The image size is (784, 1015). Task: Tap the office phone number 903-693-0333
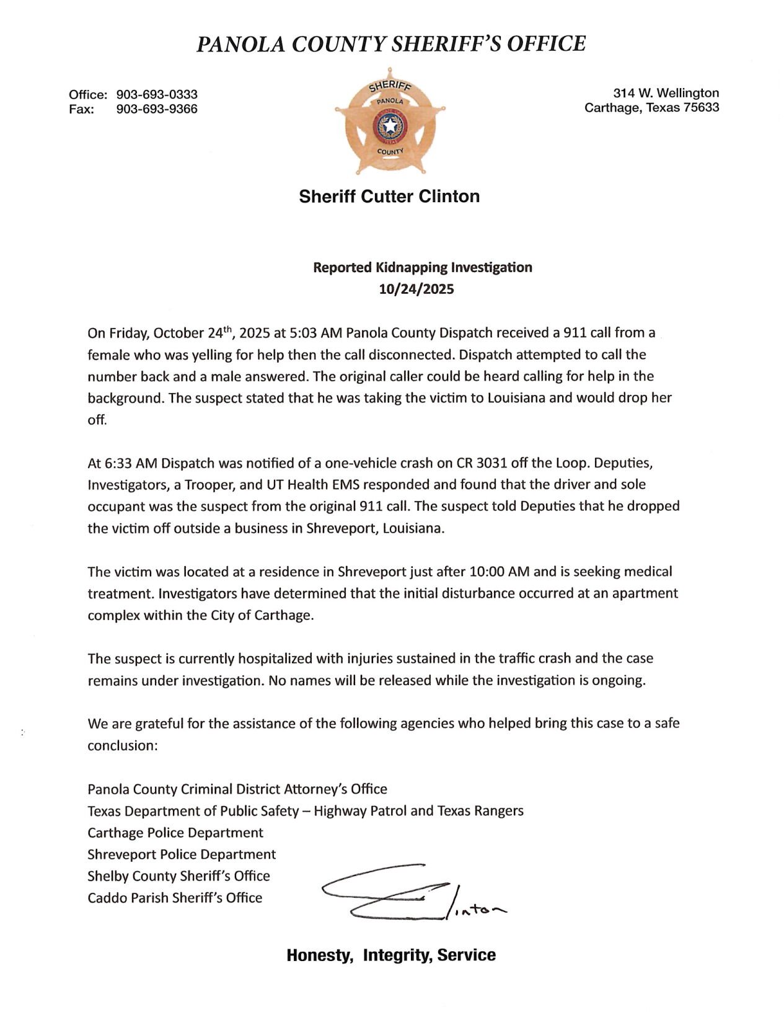[x=157, y=94]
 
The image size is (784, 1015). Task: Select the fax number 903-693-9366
[x=157, y=109]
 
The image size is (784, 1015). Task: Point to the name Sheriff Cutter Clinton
[x=389, y=197]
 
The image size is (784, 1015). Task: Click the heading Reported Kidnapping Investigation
[x=422, y=267]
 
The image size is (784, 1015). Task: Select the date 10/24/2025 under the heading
[x=416, y=289]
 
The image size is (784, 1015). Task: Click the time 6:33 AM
[x=123, y=463]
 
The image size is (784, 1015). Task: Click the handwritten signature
[x=409, y=893]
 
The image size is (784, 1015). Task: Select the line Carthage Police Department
[x=175, y=833]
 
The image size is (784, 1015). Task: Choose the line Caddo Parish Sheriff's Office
[x=175, y=898]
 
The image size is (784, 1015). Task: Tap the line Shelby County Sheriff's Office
[x=178, y=876]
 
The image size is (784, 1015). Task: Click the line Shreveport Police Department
[x=182, y=854]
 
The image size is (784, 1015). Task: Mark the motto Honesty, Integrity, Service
[x=390, y=955]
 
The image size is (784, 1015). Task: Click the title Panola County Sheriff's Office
[x=391, y=44]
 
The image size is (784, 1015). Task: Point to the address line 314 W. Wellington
[x=666, y=93]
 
